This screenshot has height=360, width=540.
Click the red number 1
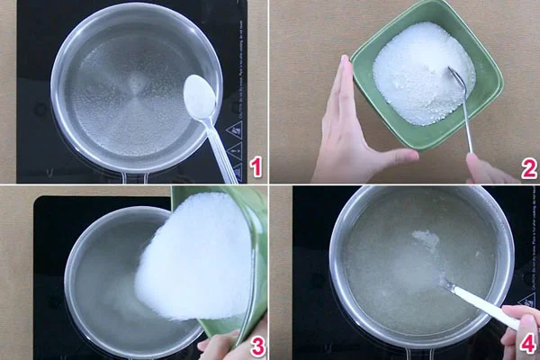click(x=256, y=166)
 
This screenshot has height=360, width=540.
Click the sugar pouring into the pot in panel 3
click(x=193, y=261)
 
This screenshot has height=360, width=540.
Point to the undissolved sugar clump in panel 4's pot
click(x=426, y=239)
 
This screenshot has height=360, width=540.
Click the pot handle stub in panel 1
click(x=135, y=177)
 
